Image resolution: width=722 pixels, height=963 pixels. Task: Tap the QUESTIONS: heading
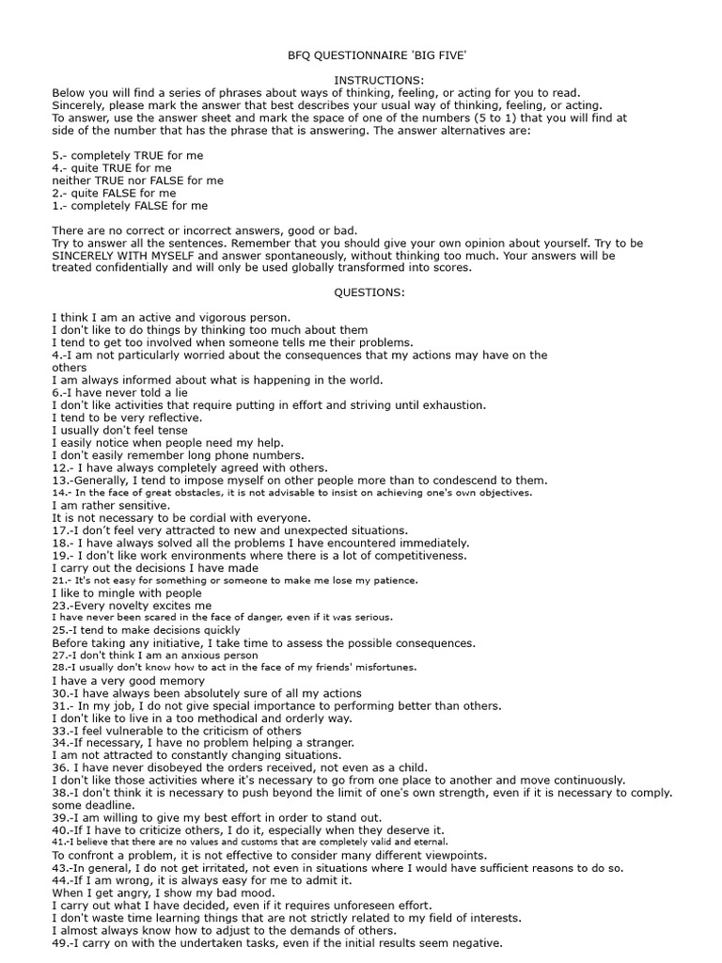(370, 292)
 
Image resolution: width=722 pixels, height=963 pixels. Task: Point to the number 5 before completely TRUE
(55, 154)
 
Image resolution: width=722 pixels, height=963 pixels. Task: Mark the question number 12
(59, 467)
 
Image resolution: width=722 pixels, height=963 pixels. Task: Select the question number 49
(61, 943)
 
